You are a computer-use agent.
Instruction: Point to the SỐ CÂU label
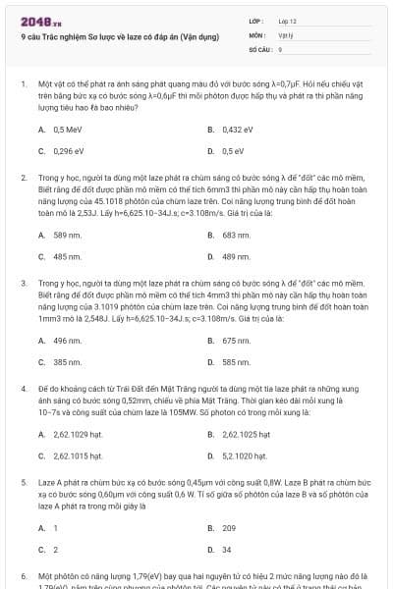click(x=258, y=48)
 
